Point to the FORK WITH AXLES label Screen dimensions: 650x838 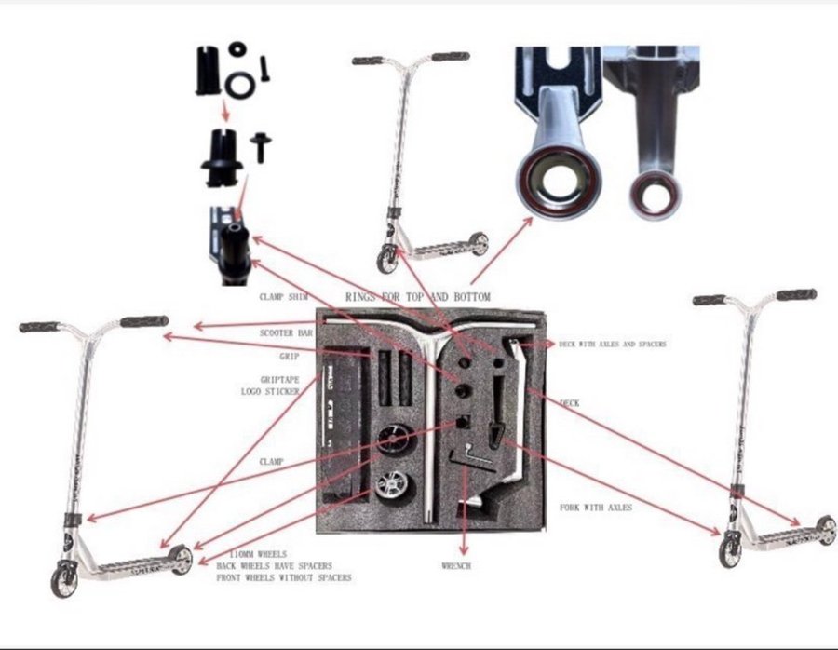(596, 508)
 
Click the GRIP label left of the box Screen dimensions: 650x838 (290, 357)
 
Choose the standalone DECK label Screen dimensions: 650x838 (569, 403)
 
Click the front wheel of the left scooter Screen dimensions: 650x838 (64, 578)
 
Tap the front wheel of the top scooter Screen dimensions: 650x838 (386, 260)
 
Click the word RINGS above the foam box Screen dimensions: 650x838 (361, 297)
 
